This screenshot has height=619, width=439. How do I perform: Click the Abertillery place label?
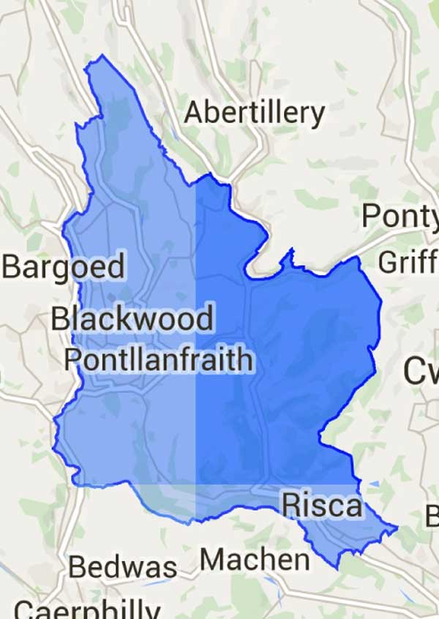[x=254, y=113]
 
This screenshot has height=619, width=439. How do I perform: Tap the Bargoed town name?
[x=63, y=267]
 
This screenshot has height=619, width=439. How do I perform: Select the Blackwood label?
[x=132, y=319]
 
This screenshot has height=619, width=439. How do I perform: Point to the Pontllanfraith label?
[x=159, y=359]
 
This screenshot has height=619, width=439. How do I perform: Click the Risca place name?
[x=321, y=505]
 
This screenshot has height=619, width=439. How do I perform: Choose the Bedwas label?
[x=123, y=568]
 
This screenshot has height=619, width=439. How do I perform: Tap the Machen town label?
[x=255, y=560]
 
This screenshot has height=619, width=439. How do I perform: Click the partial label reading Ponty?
[x=399, y=217]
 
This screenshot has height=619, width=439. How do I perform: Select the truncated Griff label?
[x=407, y=261]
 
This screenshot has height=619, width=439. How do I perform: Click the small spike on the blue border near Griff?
[x=291, y=250]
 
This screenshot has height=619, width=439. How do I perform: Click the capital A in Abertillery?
[x=195, y=113]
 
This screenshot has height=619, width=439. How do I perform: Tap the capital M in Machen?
[x=214, y=560]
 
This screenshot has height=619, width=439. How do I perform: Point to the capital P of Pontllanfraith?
[x=73, y=359]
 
